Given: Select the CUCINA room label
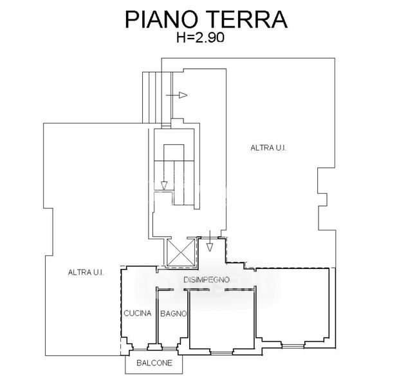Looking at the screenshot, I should click(138, 314).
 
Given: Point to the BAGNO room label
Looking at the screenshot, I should click(173, 314).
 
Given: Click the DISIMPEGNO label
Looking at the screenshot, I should click(207, 280).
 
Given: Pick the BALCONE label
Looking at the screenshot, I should click(154, 363).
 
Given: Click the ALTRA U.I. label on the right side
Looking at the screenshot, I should click(268, 148).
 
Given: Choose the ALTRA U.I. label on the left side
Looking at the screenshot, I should click(86, 272).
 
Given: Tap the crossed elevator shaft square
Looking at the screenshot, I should click(180, 252).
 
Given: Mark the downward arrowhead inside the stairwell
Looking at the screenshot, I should click(164, 185).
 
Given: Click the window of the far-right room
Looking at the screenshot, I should click(293, 346).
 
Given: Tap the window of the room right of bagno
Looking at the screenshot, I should click(222, 351).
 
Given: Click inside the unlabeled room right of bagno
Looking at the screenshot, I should click(222, 318).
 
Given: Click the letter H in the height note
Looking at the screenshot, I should click(181, 38).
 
